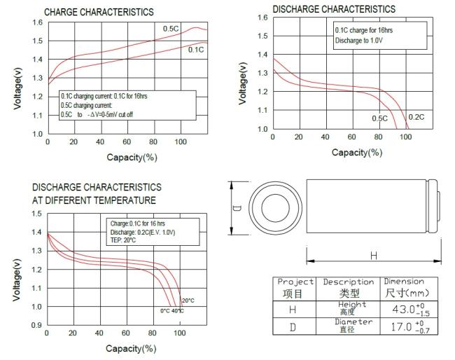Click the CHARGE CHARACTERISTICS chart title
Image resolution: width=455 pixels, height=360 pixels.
click(x=99, y=12)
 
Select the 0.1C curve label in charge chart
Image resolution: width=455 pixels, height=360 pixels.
click(x=196, y=49)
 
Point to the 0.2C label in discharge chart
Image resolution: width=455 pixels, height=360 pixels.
click(x=416, y=116)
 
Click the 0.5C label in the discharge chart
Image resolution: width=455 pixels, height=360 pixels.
click(x=380, y=118)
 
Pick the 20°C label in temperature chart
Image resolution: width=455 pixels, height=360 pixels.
click(x=188, y=300)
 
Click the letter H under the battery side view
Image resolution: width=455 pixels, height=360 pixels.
click(x=373, y=256)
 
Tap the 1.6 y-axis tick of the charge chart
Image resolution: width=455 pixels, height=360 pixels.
click(x=37, y=22)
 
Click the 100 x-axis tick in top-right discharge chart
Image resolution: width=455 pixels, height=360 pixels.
click(x=405, y=137)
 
